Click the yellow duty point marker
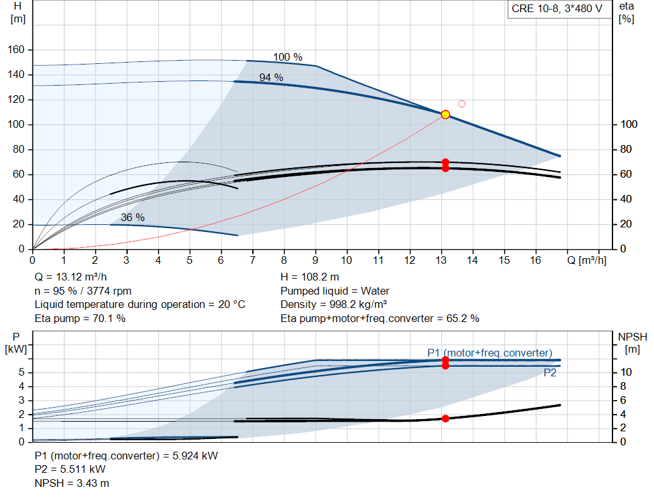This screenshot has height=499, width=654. click(x=445, y=114)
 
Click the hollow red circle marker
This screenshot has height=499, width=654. click(x=462, y=104)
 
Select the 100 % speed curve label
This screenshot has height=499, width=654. click(x=288, y=57)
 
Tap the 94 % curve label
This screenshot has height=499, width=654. click(x=271, y=77)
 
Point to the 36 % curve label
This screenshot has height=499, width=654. click(x=133, y=217)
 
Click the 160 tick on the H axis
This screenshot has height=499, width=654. click(x=16, y=50)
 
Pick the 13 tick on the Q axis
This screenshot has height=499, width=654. click(x=441, y=260)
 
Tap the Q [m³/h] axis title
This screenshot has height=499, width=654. click(x=587, y=260)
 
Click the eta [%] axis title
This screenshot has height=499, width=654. click(x=627, y=13)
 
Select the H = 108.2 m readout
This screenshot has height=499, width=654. click(x=310, y=277)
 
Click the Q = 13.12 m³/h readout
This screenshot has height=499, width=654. click(x=71, y=277)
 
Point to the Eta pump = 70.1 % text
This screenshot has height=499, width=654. click(x=80, y=318)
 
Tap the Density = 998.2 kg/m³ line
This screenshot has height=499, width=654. click(x=333, y=305)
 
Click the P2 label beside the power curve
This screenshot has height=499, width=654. click(x=550, y=373)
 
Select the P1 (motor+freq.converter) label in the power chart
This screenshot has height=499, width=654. click(x=490, y=353)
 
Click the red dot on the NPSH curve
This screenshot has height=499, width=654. click(x=445, y=418)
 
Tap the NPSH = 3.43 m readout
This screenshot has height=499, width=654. click(x=72, y=483)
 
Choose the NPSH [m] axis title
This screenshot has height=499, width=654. click(x=632, y=343)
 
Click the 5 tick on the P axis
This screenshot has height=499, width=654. click(x=21, y=372)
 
